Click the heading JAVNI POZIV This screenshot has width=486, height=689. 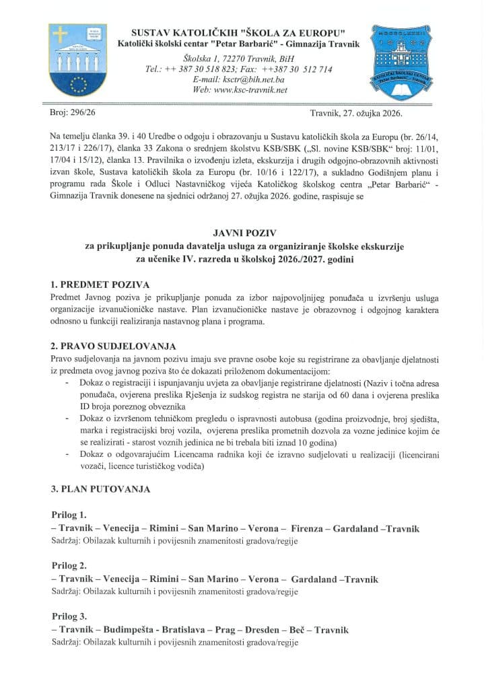click(242, 233)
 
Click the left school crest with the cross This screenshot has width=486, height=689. click(77, 59)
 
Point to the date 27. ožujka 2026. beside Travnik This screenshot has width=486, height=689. click(389, 114)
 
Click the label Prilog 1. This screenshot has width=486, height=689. click(69, 515)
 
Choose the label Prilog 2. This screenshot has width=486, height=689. click(69, 566)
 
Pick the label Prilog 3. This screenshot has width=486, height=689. click(69, 616)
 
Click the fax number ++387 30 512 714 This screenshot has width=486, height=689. click(296, 69)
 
